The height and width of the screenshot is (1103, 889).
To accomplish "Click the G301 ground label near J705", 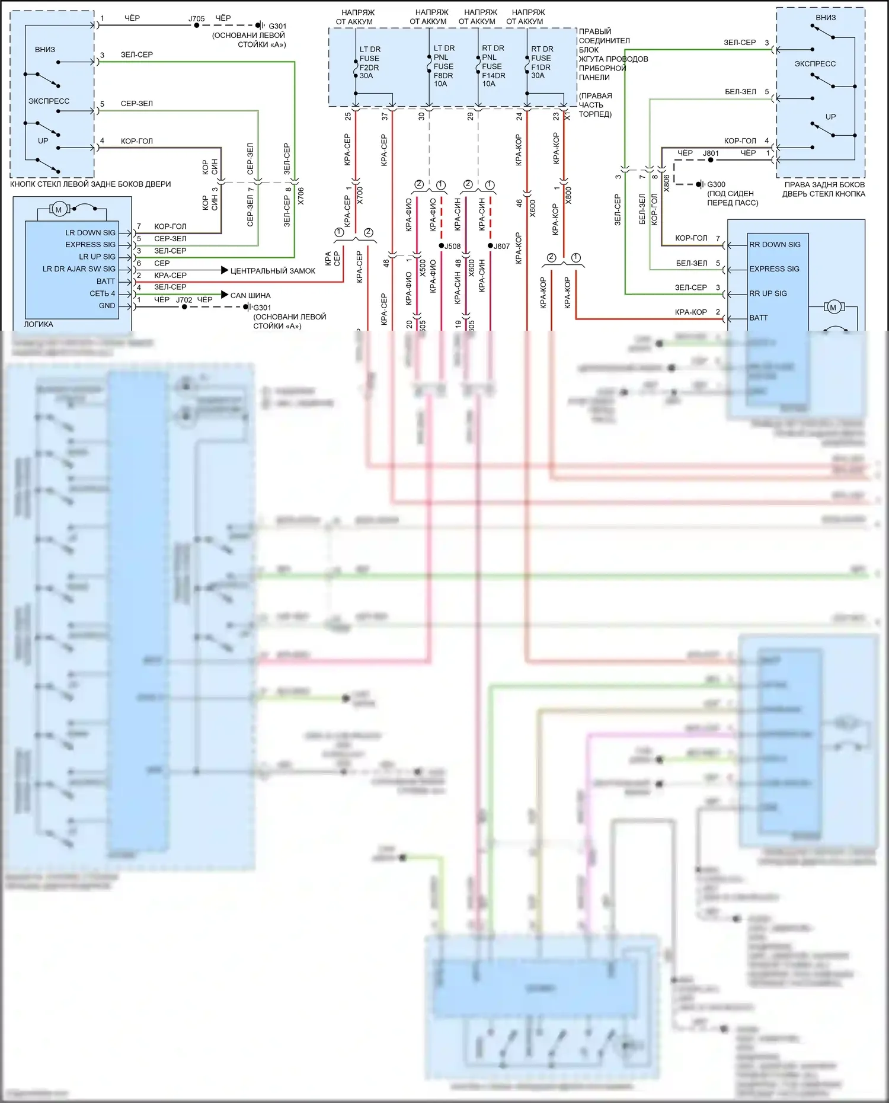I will click(x=277, y=26).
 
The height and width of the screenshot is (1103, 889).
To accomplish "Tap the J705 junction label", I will click(x=196, y=18).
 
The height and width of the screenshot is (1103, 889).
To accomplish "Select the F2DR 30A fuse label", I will click(x=369, y=63).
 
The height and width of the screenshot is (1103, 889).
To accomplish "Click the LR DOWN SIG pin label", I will click(x=90, y=233).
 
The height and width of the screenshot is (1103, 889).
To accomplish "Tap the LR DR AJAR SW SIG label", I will click(x=79, y=269).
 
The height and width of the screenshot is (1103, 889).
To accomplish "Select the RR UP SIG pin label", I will click(x=768, y=293).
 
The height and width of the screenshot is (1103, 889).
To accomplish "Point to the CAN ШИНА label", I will click(x=250, y=295).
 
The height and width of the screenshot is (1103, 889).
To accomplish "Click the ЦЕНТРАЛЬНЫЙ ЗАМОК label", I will click(x=273, y=271).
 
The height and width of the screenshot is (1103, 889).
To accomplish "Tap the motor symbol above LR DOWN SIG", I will click(x=58, y=209).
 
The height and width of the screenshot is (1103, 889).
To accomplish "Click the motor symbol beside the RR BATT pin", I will click(x=833, y=307).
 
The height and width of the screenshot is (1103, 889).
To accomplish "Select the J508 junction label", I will click(x=452, y=246).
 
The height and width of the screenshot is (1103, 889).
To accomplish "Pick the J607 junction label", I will click(x=501, y=246).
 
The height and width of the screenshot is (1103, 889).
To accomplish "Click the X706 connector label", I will click(x=300, y=196).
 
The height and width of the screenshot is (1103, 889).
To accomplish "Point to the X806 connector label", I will click(x=666, y=183).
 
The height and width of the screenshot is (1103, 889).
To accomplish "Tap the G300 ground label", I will click(x=716, y=184).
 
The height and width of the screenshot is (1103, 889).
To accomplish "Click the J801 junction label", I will click(x=711, y=153).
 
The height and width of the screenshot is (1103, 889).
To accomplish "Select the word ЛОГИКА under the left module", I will click(x=39, y=324).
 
